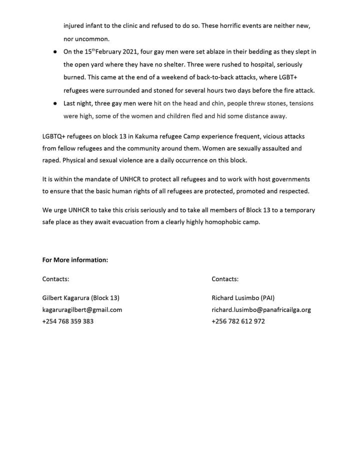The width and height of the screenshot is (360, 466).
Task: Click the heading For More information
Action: [75, 260]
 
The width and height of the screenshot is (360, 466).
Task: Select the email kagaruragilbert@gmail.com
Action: [82, 309]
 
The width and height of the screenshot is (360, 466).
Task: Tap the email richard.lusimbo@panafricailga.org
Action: [261, 309]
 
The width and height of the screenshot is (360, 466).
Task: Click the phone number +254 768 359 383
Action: [67, 321]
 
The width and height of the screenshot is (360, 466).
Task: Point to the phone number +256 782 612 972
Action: [238, 321]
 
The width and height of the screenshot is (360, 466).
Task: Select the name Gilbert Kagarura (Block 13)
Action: [81, 297]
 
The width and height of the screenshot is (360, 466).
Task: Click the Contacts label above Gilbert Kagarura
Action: [55, 279]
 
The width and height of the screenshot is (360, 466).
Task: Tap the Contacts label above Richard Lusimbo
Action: [225, 279]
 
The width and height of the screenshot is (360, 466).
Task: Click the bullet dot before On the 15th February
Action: [54, 52]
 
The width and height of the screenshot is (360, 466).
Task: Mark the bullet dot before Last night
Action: [54, 103]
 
